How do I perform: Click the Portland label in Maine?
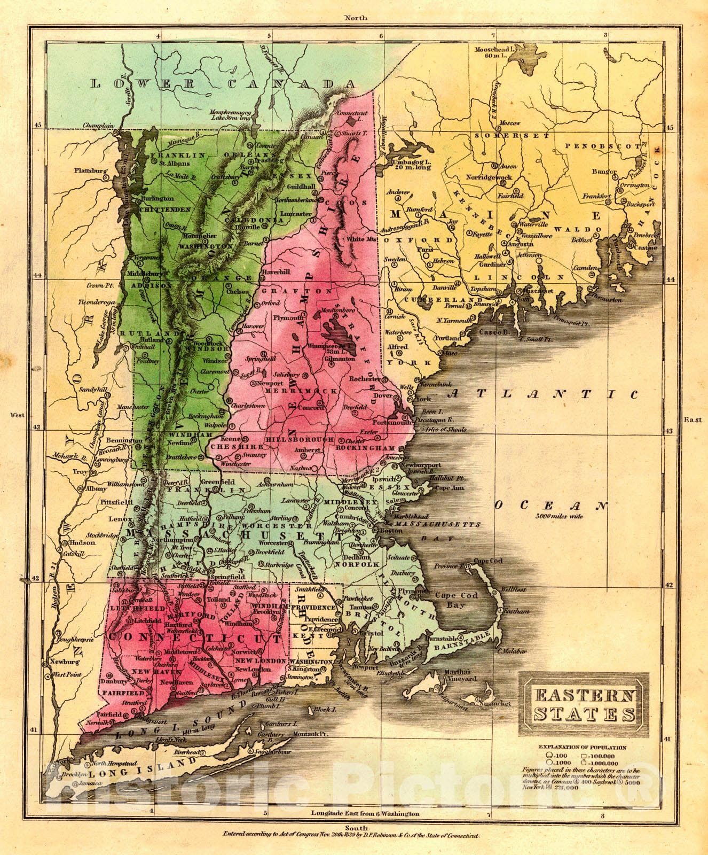click(446, 338)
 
